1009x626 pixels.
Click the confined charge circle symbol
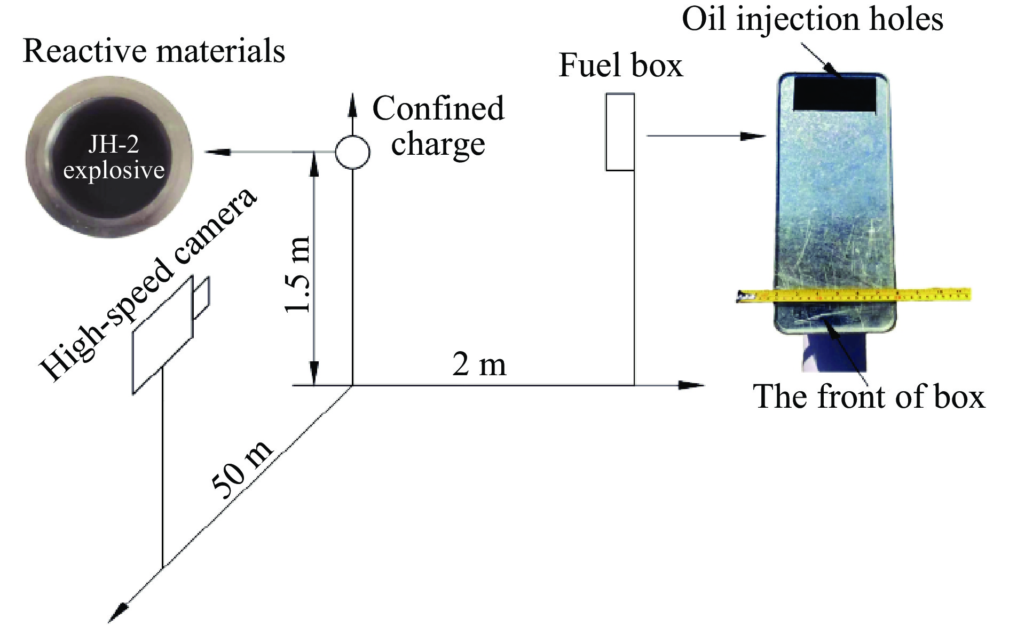(x=352, y=152)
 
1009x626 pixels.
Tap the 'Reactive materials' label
(x=154, y=52)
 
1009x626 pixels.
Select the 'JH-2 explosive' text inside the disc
(x=114, y=158)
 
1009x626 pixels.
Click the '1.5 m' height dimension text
(x=297, y=274)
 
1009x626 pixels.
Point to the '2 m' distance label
(x=479, y=365)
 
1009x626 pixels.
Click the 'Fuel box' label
(x=620, y=66)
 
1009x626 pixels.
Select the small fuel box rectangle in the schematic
(x=620, y=132)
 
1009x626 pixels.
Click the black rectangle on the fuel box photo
(x=834, y=93)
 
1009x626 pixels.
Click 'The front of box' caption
(x=869, y=397)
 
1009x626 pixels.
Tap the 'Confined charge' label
(x=438, y=126)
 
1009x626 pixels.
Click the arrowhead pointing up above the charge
(x=352, y=104)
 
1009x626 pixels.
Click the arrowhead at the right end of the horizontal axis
(x=692, y=385)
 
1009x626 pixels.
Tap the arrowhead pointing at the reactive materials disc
(x=217, y=153)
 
